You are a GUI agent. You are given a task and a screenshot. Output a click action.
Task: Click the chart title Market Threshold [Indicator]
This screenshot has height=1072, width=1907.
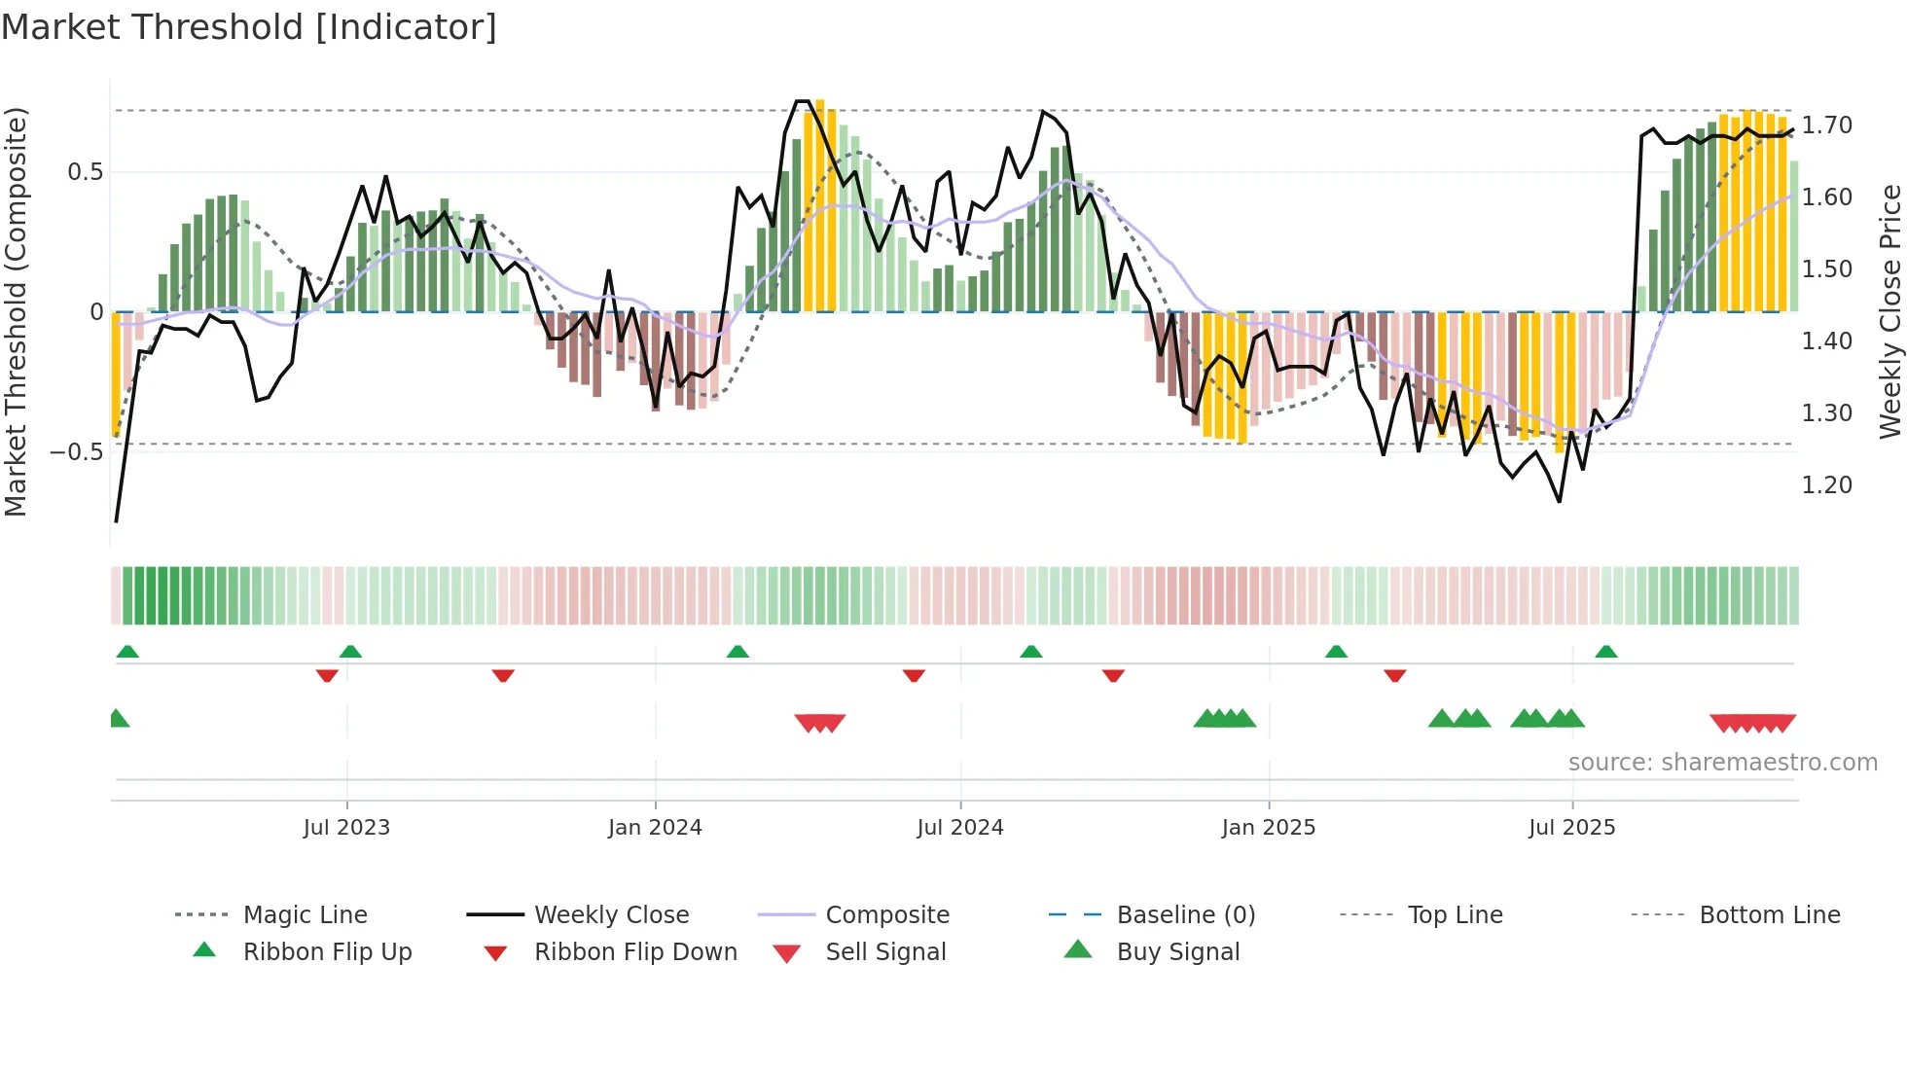point(249,27)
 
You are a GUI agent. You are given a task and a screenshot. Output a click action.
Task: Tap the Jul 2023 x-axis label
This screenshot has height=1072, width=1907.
point(346,828)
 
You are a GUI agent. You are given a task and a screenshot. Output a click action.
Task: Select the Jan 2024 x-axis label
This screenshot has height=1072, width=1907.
point(655,828)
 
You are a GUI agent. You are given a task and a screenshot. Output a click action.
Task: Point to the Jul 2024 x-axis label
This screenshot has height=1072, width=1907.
point(960,828)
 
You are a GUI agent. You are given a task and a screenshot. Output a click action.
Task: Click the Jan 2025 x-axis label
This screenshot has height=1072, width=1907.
point(1269,828)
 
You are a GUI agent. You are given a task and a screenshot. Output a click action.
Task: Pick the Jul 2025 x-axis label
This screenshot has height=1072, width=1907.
point(1572,828)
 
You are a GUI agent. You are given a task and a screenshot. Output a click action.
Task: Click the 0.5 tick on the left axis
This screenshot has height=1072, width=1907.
point(86,172)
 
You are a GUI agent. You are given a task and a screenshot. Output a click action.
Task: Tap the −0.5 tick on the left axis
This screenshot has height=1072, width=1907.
point(77,452)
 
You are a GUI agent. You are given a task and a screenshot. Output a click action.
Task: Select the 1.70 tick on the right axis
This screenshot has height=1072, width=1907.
point(1827,125)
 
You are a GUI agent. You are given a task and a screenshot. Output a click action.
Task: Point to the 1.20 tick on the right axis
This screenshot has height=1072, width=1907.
point(1827,485)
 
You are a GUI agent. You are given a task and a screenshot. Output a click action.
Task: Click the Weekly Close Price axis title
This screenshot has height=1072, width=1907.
point(1889,311)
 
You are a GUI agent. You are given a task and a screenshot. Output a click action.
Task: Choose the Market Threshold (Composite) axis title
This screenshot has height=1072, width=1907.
point(16,311)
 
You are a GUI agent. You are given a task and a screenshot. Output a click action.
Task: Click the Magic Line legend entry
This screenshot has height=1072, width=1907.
point(305,915)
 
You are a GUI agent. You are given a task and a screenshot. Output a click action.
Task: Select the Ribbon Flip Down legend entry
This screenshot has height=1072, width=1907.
point(635,952)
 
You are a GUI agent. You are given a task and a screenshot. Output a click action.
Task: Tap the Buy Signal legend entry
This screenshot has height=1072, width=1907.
point(1177,952)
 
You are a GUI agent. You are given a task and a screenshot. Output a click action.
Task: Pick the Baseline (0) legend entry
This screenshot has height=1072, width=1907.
point(1185,915)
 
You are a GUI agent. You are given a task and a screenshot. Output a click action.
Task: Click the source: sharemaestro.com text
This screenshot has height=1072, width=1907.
point(1722,763)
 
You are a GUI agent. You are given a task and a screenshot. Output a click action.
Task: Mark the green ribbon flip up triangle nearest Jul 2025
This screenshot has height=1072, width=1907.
point(1606,652)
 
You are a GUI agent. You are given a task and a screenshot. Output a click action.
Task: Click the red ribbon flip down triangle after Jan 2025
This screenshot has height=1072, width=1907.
point(1395,675)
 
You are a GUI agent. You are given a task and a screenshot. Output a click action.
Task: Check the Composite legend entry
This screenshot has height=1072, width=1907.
point(886,915)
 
